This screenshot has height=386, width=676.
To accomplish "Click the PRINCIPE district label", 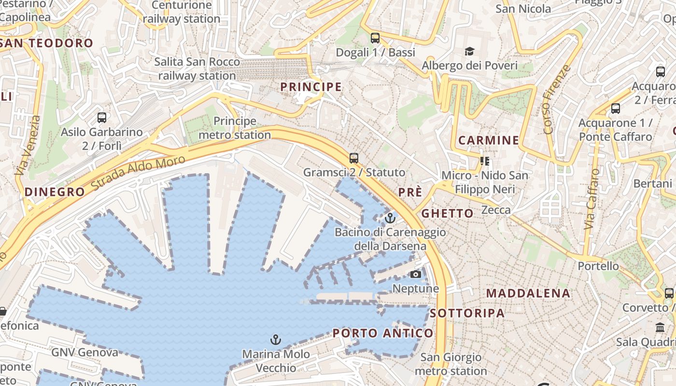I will pyautogui.click(x=311, y=87).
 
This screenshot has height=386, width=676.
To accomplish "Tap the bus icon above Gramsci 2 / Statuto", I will pyautogui.click(x=354, y=158).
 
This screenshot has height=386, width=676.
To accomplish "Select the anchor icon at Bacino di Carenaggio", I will pyautogui.click(x=390, y=218).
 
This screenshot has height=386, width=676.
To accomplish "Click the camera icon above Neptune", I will pyautogui.click(x=415, y=275).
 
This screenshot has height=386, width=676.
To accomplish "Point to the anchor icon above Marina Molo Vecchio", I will pyautogui.click(x=275, y=340).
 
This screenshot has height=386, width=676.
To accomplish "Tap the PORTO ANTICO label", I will pyautogui.click(x=383, y=333).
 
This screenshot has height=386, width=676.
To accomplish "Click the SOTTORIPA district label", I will pyautogui.click(x=467, y=313).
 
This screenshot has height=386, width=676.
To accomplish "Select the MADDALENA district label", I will pyautogui.click(x=528, y=293).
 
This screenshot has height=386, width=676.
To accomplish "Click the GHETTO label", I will pyautogui.click(x=448, y=213).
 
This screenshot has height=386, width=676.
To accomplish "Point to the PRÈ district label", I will pyautogui.click(x=410, y=192).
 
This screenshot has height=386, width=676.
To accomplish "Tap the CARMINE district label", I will pyautogui.click(x=488, y=140).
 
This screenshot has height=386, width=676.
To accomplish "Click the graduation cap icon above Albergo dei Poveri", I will pyautogui.click(x=469, y=51).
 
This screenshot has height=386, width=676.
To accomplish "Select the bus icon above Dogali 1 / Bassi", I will pyautogui.click(x=375, y=38).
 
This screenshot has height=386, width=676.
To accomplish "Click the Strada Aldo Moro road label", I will pyautogui.click(x=138, y=172).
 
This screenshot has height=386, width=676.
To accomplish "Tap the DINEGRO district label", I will pyautogui.click(x=55, y=192).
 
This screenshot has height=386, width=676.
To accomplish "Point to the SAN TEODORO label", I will pyautogui.click(x=47, y=43).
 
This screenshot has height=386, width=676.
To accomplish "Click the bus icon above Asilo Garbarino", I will pyautogui.click(x=102, y=117).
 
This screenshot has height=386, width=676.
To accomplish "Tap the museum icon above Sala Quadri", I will pyautogui.click(x=660, y=328).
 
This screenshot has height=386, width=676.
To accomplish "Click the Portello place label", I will pyautogui.click(x=598, y=266).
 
